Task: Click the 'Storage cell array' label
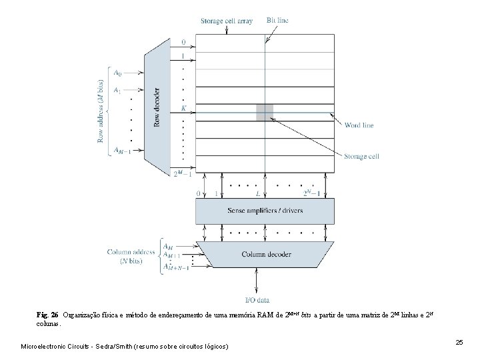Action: [x=226, y=21]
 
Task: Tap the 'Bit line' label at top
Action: [x=277, y=21]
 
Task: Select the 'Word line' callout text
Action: [x=359, y=125]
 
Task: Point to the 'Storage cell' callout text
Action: [x=361, y=157]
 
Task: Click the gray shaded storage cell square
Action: [x=265, y=112]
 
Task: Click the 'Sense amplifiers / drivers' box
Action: [x=265, y=211]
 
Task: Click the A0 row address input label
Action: [x=117, y=72]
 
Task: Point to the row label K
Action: [x=183, y=108]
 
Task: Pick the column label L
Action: [x=258, y=193]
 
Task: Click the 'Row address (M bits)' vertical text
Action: [x=101, y=111]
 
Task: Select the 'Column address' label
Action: [x=131, y=252]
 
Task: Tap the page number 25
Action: [x=459, y=342]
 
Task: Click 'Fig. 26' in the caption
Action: [x=47, y=313]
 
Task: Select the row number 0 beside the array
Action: [x=183, y=42]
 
